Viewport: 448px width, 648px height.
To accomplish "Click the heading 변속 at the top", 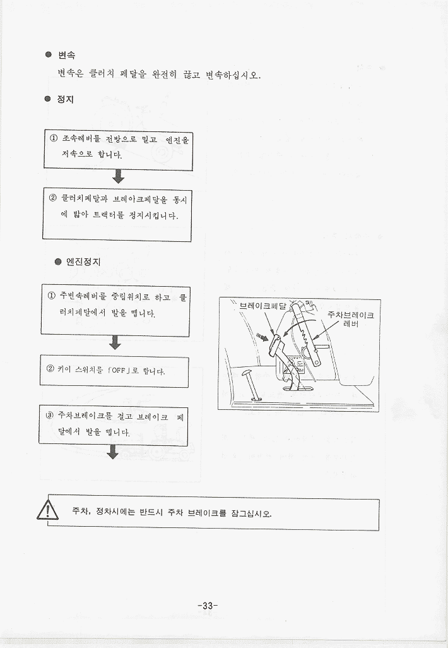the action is coord(66,55).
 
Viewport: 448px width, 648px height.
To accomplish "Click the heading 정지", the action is coord(65,99).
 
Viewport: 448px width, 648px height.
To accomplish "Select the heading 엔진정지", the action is coord(83,261).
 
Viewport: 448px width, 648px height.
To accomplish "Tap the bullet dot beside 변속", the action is coord(49,54).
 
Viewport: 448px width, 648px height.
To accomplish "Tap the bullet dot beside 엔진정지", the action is coord(58,261).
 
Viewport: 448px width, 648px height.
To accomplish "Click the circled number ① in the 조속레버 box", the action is coord(54,138).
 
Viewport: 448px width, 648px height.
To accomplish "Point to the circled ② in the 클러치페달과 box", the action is coord(53,198).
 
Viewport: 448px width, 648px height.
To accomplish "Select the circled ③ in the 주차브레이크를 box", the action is coord(50,415).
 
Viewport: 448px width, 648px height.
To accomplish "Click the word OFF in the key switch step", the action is coord(118,370).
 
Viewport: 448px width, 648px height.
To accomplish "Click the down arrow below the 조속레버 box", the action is coord(118,176).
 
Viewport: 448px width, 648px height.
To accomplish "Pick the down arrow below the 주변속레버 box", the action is coord(115,342).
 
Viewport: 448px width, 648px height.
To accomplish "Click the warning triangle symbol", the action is coord(48,510).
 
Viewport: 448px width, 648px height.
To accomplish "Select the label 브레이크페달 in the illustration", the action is coord(262,306).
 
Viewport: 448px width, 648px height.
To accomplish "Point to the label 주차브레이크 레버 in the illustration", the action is coord(351,319).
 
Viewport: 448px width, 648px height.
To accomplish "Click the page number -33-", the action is coord(208,606).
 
